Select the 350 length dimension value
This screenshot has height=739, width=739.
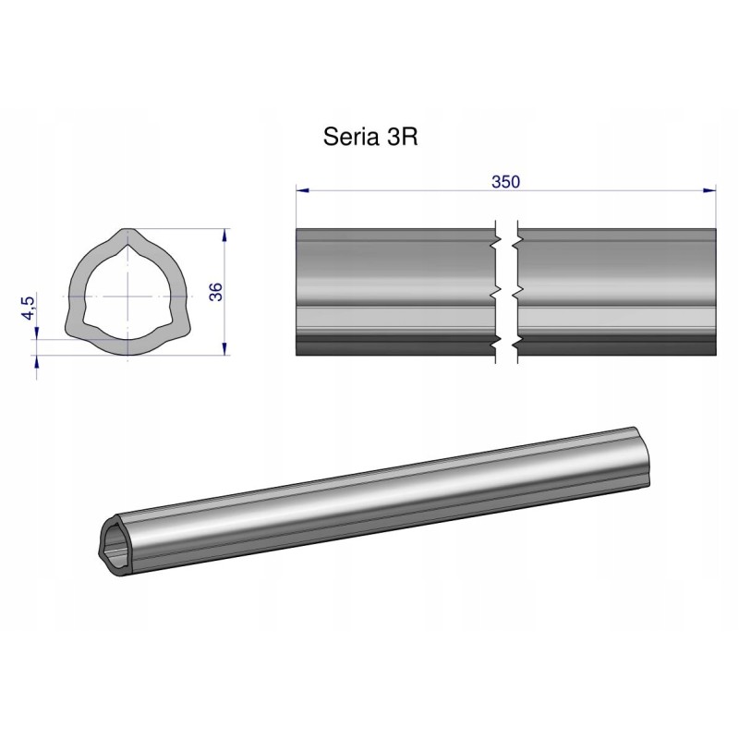[505, 181]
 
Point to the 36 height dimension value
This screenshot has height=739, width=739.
[215, 292]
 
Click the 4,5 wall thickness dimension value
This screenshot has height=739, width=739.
[30, 306]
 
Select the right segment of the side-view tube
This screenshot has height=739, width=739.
[614, 286]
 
